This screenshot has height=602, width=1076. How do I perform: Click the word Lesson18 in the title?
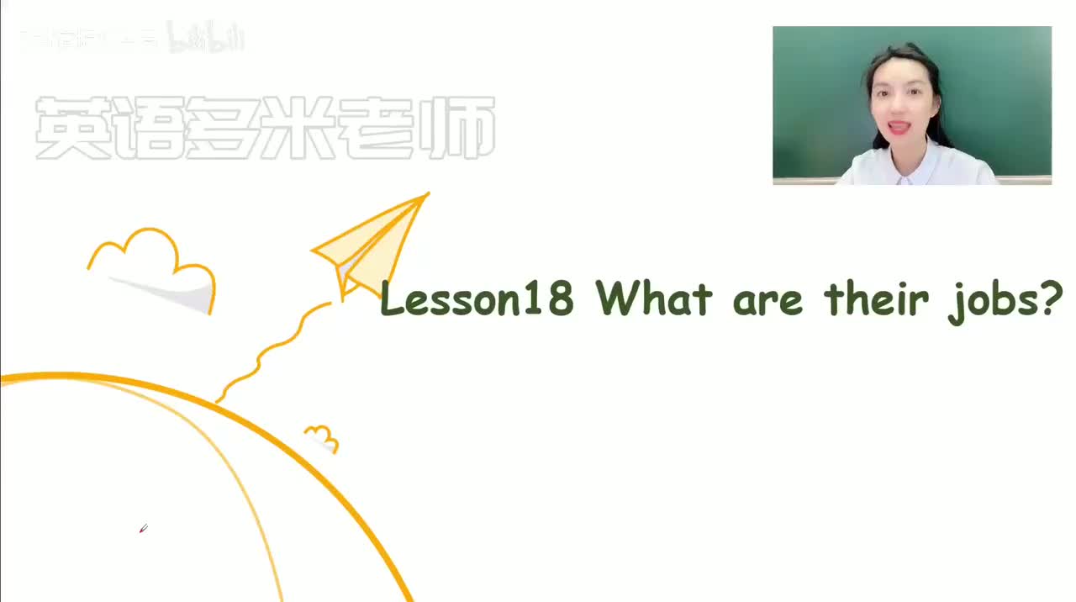(x=477, y=299)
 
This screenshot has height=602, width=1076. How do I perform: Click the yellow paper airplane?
(x=374, y=244)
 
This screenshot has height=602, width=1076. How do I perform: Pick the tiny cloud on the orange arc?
(x=322, y=438)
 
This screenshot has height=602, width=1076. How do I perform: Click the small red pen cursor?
(x=143, y=529)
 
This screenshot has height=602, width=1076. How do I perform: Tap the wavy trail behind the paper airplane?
(x=269, y=353)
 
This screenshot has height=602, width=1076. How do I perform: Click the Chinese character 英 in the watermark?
(x=72, y=129)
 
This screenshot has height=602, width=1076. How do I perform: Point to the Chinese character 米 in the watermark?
(x=303, y=129)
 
